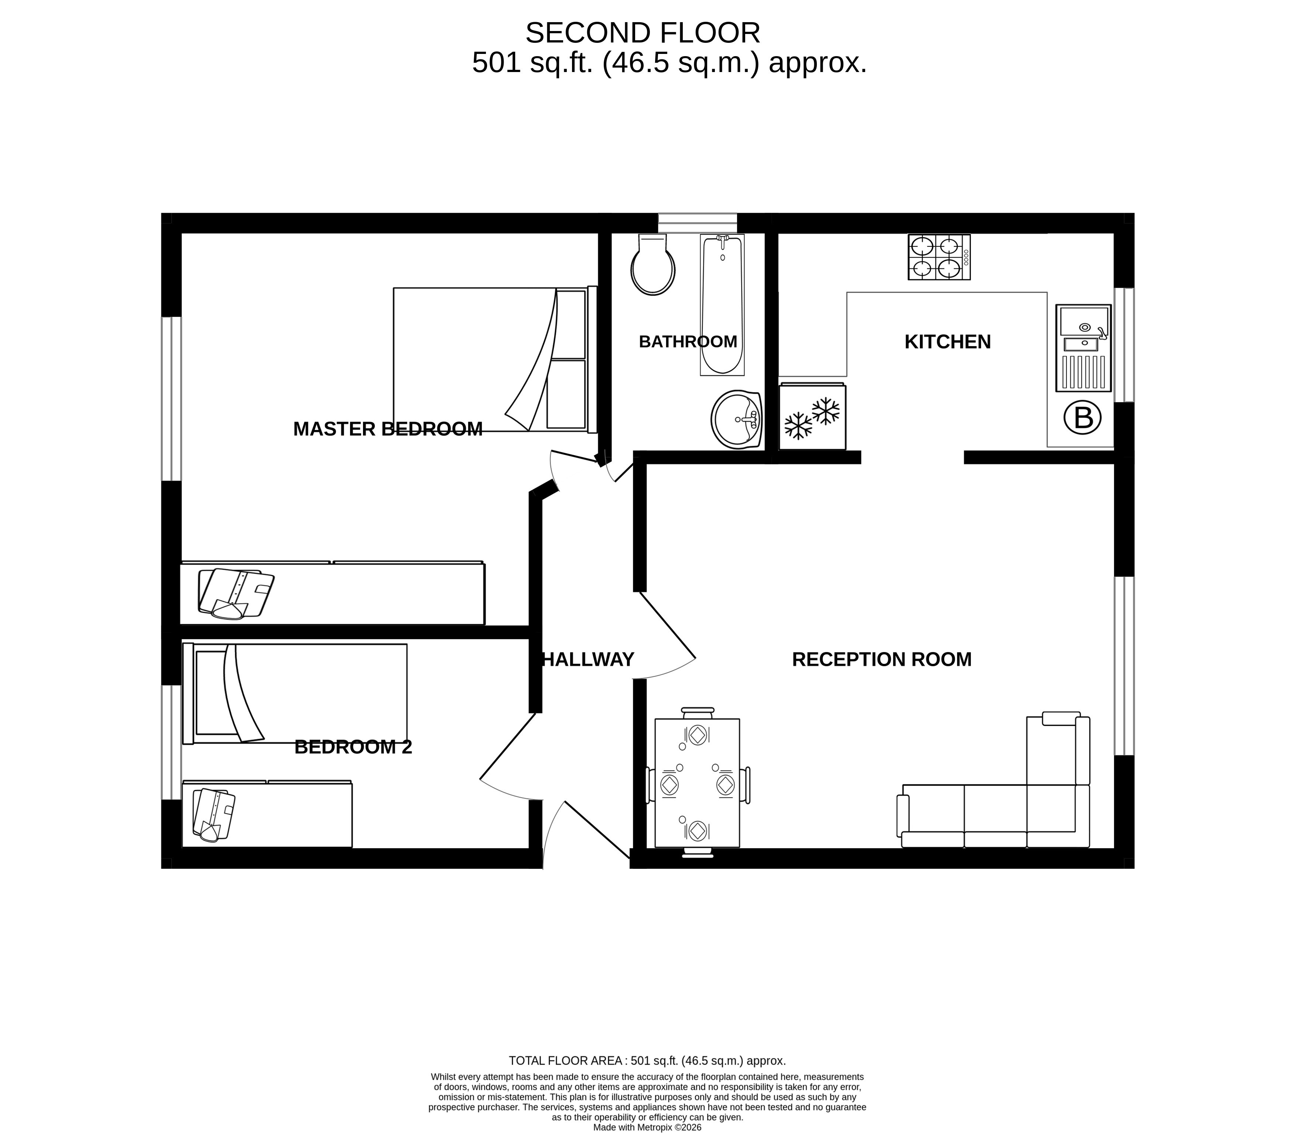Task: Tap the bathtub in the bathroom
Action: tap(722, 305)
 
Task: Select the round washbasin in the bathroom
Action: tap(736, 419)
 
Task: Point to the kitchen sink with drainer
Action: tap(1083, 348)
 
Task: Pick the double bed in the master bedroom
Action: tap(495, 360)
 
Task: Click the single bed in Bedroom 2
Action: tap(295, 694)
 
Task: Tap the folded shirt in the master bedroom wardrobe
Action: tap(235, 593)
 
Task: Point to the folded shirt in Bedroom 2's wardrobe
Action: tap(213, 814)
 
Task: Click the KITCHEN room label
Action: tap(948, 342)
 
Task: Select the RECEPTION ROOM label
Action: tap(882, 659)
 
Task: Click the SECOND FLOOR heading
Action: tap(643, 33)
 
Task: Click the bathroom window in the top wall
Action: tap(698, 222)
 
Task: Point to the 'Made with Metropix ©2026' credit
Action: tap(647, 1127)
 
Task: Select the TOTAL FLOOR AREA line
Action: tap(647, 1061)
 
